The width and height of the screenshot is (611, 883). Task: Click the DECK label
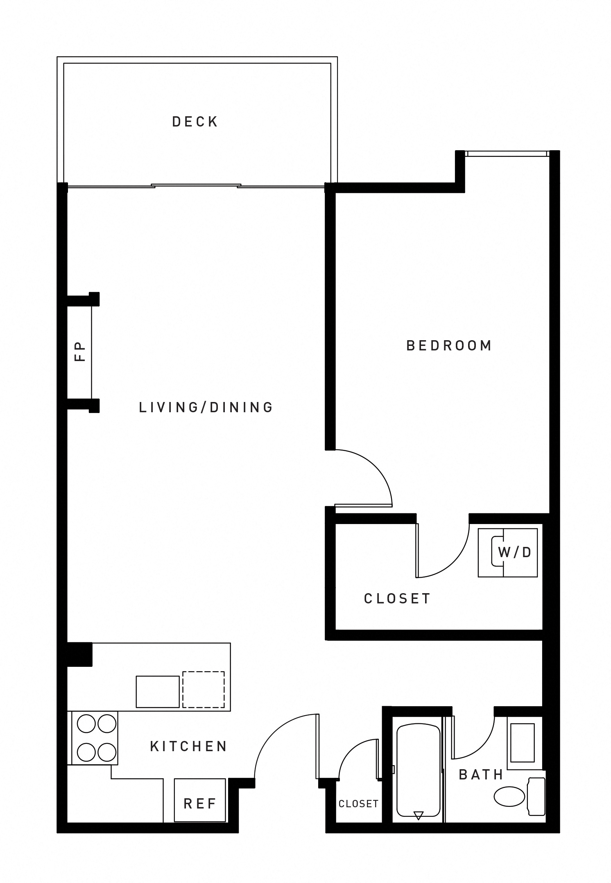[195, 122]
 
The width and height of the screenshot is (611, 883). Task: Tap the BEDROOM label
[449, 346]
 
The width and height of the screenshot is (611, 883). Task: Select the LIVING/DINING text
[206, 407]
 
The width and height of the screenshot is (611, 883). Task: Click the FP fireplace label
[80, 351]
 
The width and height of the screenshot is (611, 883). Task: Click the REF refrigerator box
[200, 804]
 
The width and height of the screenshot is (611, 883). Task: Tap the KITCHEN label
[188, 746]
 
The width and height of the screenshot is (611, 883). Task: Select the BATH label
[481, 775]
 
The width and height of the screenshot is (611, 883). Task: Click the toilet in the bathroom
[520, 797]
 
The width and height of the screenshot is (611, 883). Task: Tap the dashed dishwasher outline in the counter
[204, 689]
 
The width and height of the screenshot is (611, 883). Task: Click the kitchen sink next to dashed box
[158, 692]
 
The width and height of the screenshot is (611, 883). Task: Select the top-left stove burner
[86, 724]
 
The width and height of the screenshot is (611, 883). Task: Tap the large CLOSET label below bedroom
[397, 599]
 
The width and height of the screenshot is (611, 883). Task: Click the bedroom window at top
[507, 154]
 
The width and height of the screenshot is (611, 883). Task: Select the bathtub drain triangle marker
[418, 815]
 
